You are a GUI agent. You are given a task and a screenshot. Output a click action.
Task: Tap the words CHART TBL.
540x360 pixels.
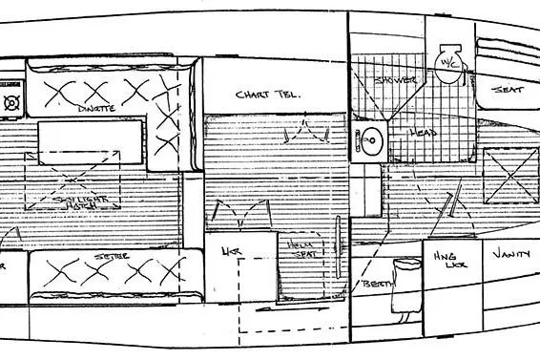[x=267, y=95]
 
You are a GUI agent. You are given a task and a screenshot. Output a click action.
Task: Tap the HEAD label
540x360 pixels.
[x=425, y=133]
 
